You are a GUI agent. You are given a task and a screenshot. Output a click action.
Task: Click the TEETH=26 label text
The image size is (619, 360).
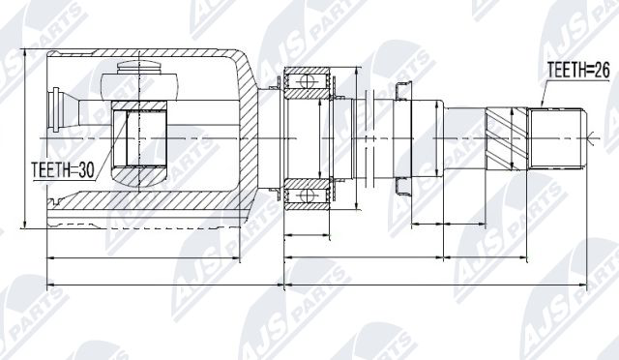tap(578, 71)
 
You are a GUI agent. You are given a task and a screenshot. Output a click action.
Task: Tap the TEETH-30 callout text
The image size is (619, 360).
tap(63, 170)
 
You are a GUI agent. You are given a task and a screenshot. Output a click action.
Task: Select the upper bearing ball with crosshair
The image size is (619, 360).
tap(307, 82)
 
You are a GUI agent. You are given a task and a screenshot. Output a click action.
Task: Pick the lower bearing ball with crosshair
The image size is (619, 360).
tap(307, 195)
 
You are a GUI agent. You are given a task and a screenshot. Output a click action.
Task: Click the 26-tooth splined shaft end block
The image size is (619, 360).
tap(556, 138)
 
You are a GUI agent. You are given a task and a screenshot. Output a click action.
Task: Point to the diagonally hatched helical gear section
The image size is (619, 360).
tap(507, 138)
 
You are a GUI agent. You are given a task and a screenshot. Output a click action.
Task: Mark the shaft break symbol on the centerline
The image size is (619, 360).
tap(369, 138)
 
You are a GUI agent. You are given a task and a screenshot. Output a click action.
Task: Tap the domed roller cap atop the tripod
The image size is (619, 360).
tap(139, 67)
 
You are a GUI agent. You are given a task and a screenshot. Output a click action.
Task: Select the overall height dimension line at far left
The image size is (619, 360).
tap(25, 138)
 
